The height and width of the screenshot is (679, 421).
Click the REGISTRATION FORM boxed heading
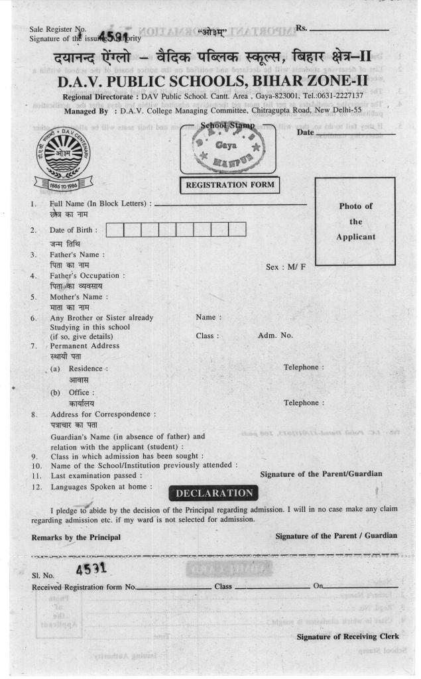229,185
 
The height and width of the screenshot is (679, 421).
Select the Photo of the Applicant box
355,221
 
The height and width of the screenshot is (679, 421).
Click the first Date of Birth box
115,230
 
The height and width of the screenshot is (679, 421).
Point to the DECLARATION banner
214,493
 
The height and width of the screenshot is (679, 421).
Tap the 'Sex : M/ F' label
286,267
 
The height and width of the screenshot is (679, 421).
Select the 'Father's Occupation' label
88,275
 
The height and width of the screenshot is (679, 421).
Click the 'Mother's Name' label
79,296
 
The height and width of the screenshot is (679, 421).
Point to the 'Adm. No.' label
275,336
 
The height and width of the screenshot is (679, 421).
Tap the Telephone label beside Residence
304,367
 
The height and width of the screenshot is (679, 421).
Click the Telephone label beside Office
304,402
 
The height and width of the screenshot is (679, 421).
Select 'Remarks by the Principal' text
76,537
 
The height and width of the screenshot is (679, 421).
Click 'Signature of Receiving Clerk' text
348,637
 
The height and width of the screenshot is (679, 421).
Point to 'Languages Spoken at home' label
101,487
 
